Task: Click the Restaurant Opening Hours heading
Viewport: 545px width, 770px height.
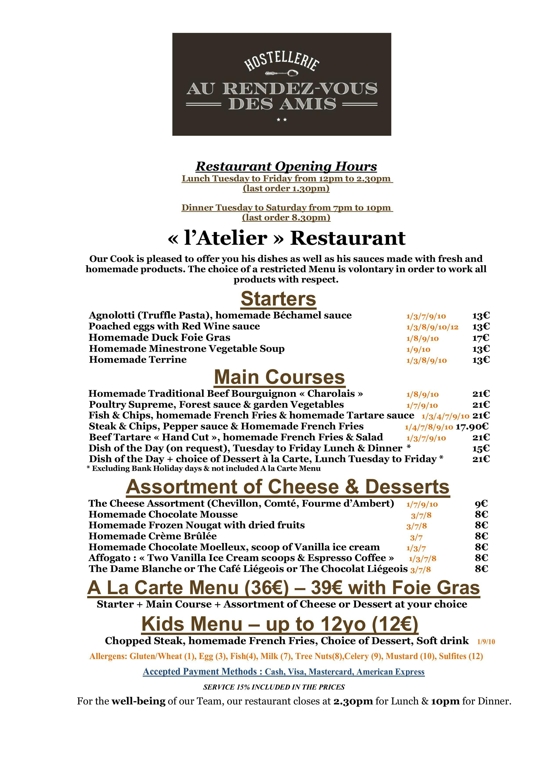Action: pos(286,166)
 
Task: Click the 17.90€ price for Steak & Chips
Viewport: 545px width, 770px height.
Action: pos(472,427)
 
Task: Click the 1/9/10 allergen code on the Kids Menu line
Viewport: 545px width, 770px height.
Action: pos(486,642)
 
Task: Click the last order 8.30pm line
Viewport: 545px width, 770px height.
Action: pos(286,218)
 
